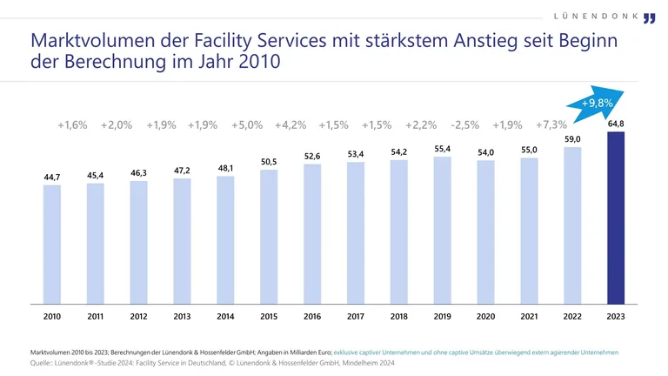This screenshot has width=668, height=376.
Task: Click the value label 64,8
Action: tap(616, 124)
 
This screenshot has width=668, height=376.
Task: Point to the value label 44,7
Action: tap(52, 178)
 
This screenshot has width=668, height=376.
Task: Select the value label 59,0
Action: tap(572, 139)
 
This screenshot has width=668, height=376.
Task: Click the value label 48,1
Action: tap(225, 168)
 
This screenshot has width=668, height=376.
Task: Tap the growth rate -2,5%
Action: tap(464, 125)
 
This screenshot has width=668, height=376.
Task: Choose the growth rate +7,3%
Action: tap(551, 125)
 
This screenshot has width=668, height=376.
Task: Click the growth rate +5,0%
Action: tap(247, 125)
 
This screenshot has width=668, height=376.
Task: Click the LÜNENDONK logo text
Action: tap(597, 17)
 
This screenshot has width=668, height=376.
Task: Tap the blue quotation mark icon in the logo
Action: tap(650, 19)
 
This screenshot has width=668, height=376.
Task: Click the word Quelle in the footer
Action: tap(43, 361)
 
